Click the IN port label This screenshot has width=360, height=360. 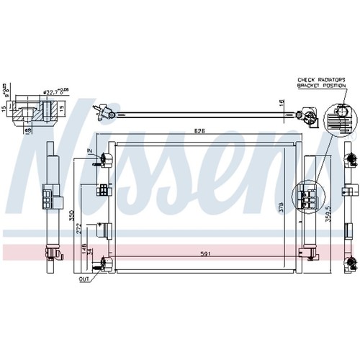91,150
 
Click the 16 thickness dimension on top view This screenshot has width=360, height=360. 282,104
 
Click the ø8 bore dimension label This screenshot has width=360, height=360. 27,131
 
